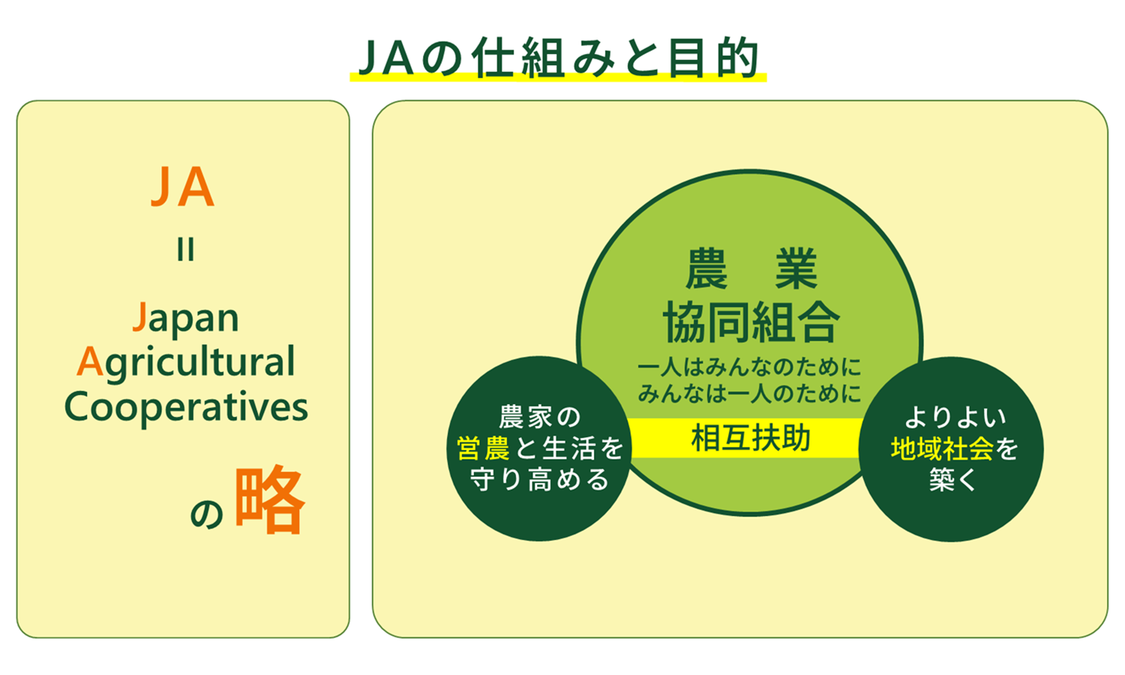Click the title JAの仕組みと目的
(558, 58)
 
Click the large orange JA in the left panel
(183, 187)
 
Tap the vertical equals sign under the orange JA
(186, 250)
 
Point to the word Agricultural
(186, 362)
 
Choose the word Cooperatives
(186, 407)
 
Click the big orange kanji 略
(270, 500)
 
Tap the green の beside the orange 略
(207, 514)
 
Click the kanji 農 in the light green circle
(706, 268)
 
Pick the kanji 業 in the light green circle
(796, 268)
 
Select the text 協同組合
(751, 322)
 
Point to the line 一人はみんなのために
(750, 367)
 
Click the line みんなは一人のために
(750, 393)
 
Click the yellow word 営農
(483, 448)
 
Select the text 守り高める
(540, 479)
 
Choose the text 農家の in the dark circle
(540, 417)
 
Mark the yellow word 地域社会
(942, 449)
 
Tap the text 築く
(953, 479)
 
